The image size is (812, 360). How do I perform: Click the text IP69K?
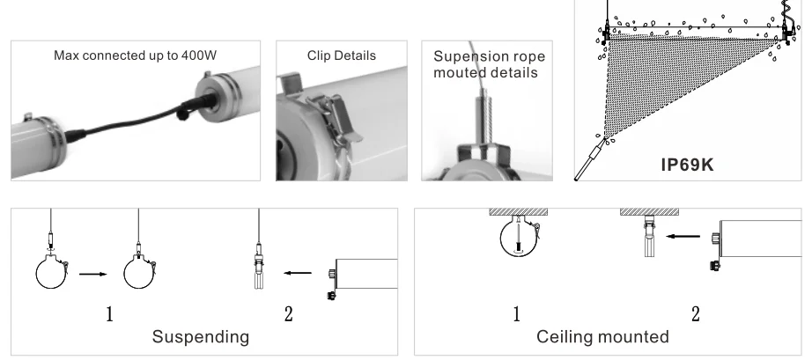[x=687, y=165]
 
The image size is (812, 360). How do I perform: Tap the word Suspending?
[x=201, y=337]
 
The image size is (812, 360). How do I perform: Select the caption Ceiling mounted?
[x=602, y=337]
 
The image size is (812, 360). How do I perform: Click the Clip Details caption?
[x=342, y=55]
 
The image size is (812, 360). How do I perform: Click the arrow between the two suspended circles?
[x=93, y=274]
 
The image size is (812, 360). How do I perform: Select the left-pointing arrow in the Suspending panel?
[x=298, y=273]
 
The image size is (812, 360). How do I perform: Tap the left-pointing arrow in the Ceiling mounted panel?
[x=683, y=237]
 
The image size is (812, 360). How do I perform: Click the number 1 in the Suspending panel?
[x=109, y=314]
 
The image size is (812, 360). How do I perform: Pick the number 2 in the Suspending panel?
[x=289, y=314]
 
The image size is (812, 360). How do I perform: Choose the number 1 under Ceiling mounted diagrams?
[x=516, y=314]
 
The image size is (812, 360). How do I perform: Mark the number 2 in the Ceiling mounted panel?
[x=696, y=314]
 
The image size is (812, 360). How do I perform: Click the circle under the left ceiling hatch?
[x=501, y=239]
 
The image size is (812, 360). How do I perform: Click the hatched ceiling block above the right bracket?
[x=649, y=212]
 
